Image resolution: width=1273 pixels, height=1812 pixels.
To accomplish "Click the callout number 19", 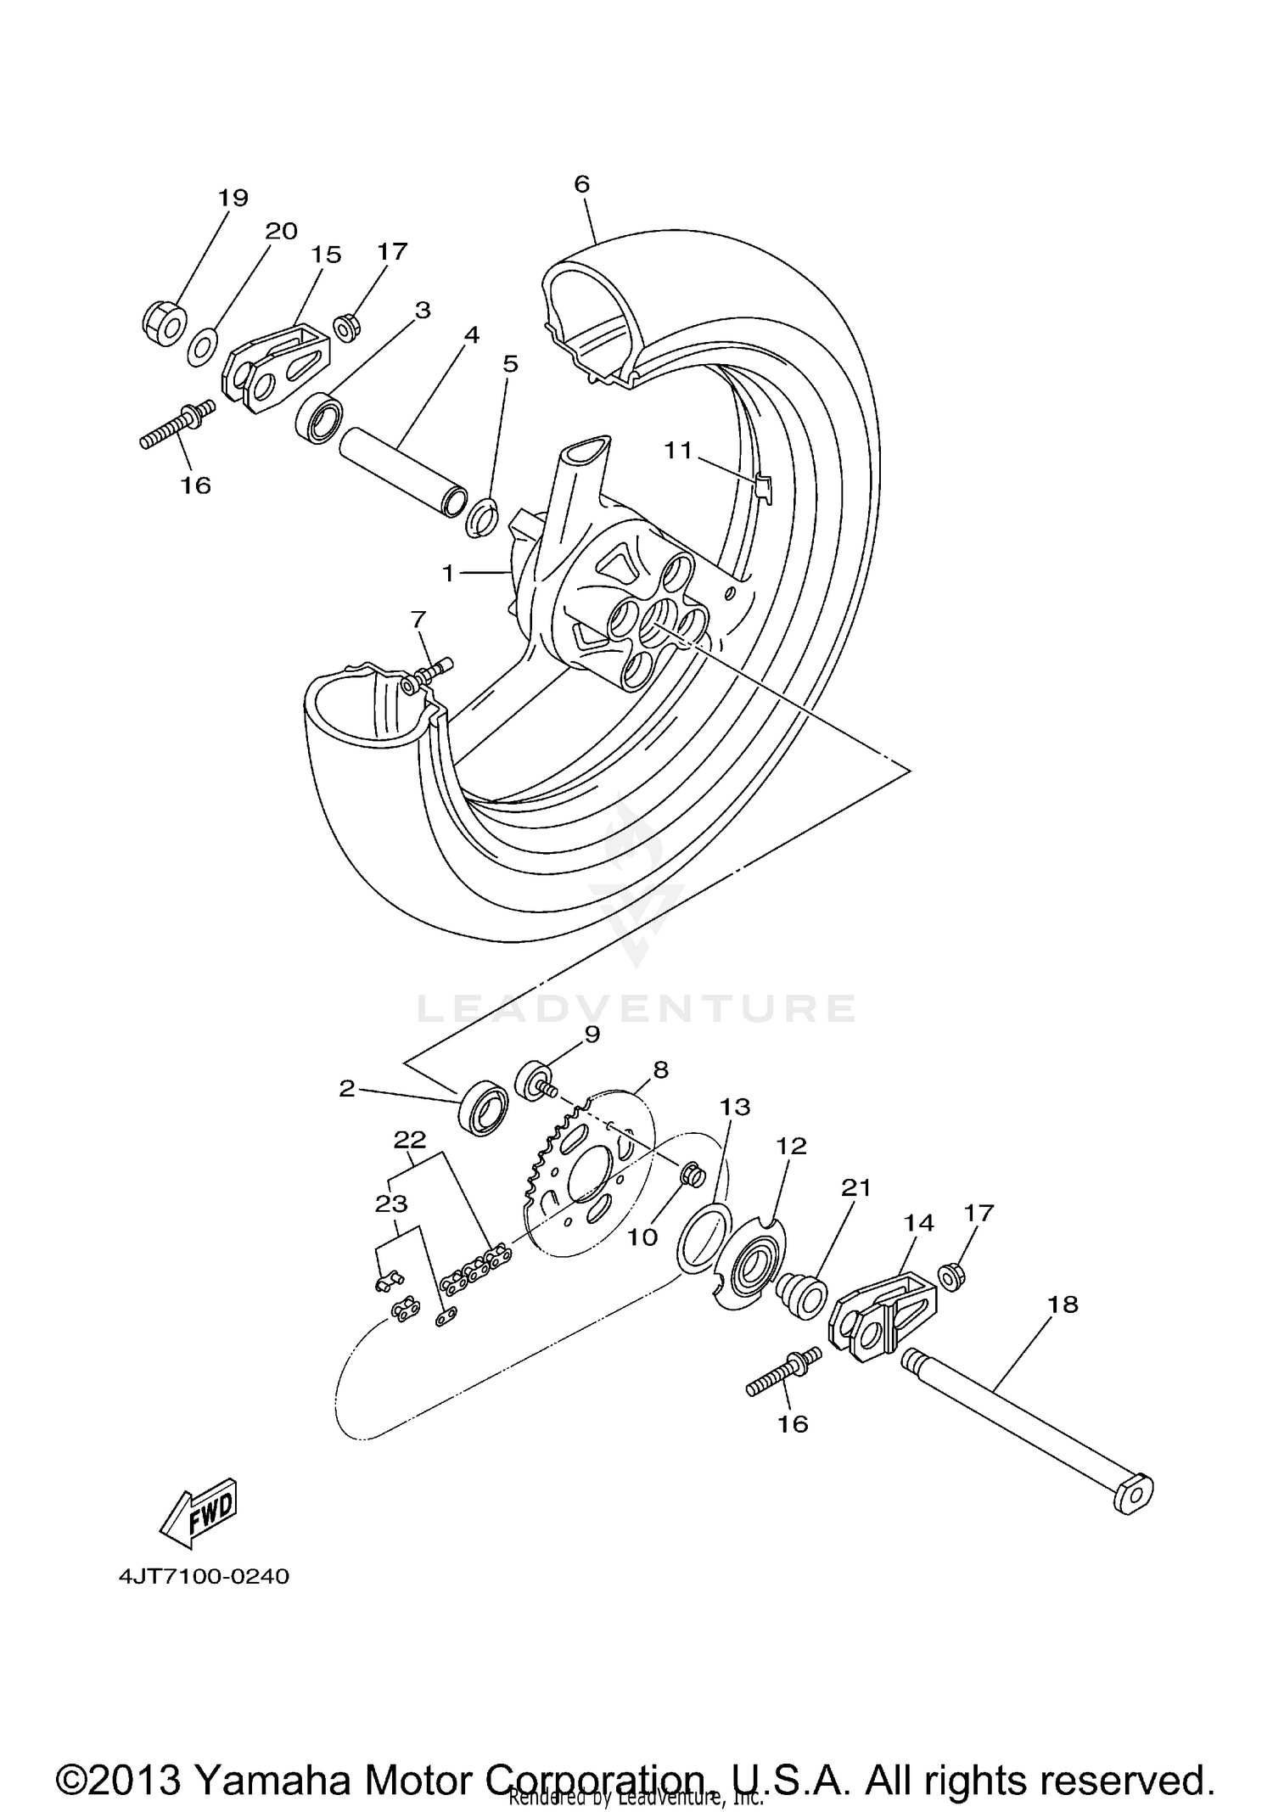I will tap(233, 198).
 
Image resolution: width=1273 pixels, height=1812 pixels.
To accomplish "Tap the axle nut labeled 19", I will tap(163, 323).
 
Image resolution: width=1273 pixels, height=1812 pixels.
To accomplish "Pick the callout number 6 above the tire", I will tap(581, 184).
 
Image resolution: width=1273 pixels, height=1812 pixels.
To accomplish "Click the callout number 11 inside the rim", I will tap(678, 450).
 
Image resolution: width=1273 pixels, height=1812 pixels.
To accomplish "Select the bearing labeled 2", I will tap(483, 1109).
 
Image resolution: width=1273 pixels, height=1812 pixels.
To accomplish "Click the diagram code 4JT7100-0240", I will tap(205, 1576).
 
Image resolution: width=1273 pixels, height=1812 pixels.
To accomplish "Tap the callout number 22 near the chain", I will tap(410, 1139).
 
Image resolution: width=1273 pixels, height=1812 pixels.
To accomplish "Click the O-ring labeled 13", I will tap(704, 1240).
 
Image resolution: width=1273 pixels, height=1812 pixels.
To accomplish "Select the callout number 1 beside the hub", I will tap(448, 574).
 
